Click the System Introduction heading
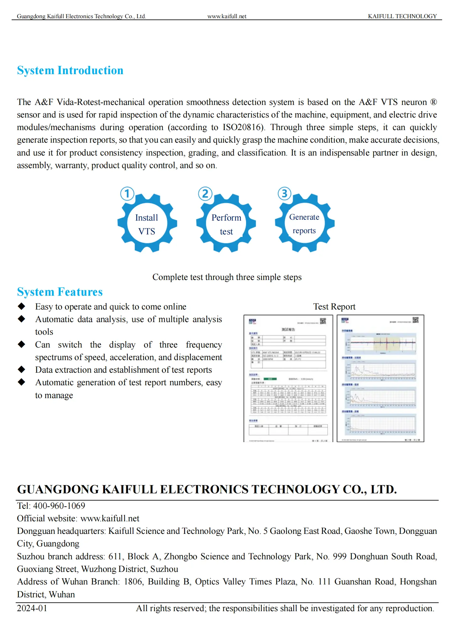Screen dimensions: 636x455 (x=70, y=70)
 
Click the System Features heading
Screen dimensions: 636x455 (x=60, y=292)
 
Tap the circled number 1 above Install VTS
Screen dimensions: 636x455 (x=127, y=194)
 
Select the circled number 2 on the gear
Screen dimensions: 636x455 (x=205, y=194)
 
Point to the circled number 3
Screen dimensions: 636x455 (x=284, y=194)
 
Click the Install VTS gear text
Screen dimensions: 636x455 (x=147, y=224)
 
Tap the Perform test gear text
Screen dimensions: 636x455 (x=226, y=224)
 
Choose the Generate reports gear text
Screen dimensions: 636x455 (x=304, y=224)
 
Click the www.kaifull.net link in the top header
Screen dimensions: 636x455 (x=227, y=16)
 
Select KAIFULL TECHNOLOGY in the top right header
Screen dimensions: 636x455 (x=402, y=16)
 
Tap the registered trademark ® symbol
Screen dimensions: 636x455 (x=433, y=102)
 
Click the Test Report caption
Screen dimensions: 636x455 (x=334, y=307)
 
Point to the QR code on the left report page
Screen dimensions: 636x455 (x=323, y=321)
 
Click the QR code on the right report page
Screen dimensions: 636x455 (x=415, y=320)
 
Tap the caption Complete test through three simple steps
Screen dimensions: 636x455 (x=227, y=277)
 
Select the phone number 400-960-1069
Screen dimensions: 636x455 (x=59, y=506)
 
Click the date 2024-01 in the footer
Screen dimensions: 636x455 (x=32, y=608)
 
